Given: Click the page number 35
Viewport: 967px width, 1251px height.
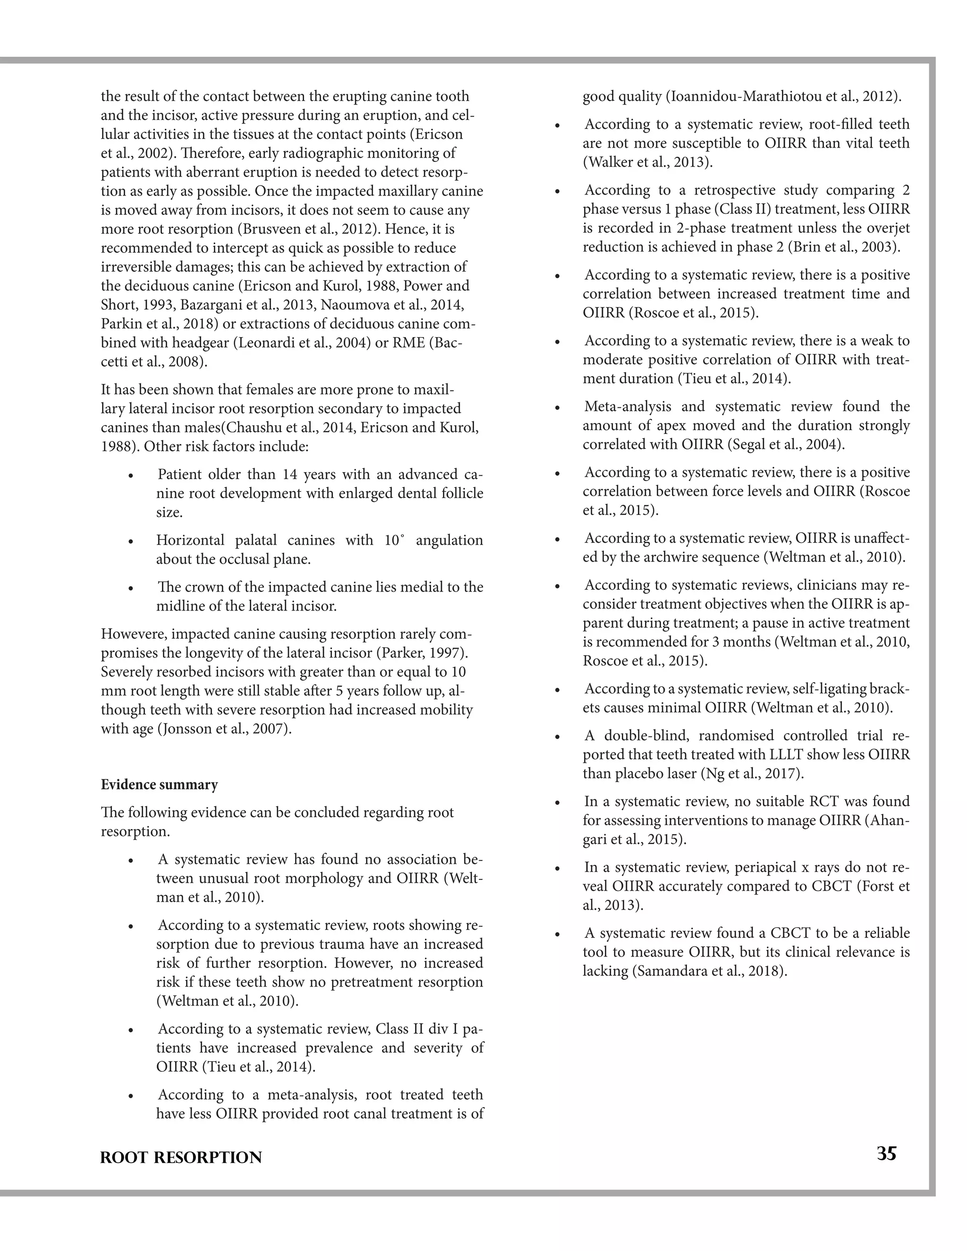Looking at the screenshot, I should [886, 1153].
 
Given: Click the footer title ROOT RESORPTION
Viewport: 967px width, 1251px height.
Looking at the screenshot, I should [181, 1158].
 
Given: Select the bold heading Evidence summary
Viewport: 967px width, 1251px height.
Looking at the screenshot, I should [159, 784].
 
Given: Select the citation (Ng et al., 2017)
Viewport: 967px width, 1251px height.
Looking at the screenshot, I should [752, 773].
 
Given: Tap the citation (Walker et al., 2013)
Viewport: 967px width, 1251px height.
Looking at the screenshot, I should [648, 162].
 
